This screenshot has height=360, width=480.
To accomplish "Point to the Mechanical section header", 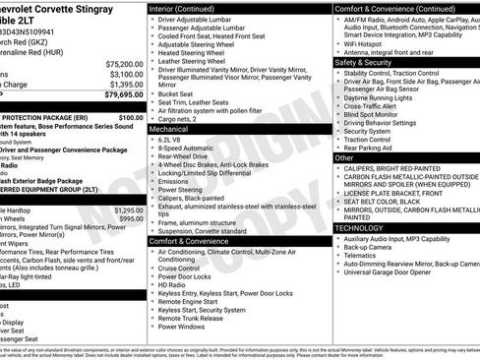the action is tap(168, 129).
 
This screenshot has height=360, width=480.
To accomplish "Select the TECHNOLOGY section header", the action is tap(359, 227).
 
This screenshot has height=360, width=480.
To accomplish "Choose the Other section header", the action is tap(344, 157).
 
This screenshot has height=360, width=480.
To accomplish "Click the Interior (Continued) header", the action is tap(187, 8).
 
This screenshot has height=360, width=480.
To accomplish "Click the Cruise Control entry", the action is tap(178, 268).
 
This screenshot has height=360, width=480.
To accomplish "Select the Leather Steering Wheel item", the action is tap(193, 61).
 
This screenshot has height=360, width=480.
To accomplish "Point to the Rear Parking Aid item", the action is tap(370, 148).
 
